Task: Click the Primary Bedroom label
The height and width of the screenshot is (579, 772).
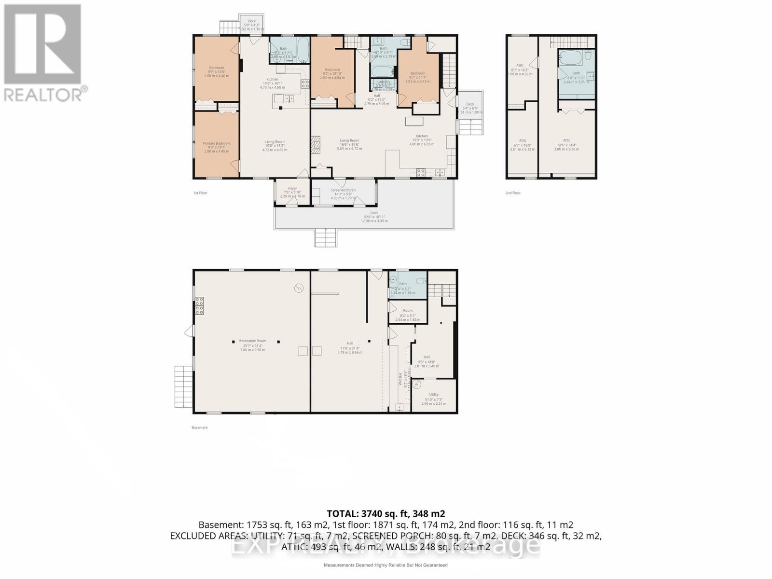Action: coord(217,143)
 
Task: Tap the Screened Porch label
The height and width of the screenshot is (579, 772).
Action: coord(343,190)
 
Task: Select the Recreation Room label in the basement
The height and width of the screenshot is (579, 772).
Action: coord(253,341)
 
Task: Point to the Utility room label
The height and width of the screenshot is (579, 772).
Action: coord(434,395)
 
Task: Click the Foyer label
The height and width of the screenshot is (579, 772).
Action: coord(292,188)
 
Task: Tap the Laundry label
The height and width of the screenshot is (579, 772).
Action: coord(384,82)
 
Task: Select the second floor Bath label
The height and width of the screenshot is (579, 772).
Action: coord(576,73)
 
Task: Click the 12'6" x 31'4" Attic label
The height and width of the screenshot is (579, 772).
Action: coord(566,140)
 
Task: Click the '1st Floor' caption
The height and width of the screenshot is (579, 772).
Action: coord(200,193)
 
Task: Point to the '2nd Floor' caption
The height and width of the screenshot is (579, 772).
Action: coord(513,193)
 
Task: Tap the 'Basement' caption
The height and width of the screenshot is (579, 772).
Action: coord(200,427)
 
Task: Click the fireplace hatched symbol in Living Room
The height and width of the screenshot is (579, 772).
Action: coord(316,145)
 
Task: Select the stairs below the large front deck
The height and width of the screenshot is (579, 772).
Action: coord(326,238)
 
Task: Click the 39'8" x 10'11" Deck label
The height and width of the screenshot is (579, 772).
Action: coord(374,213)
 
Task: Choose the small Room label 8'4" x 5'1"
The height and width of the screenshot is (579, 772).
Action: coord(408,311)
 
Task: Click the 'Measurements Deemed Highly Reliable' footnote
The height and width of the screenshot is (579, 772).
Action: coord(385,565)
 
